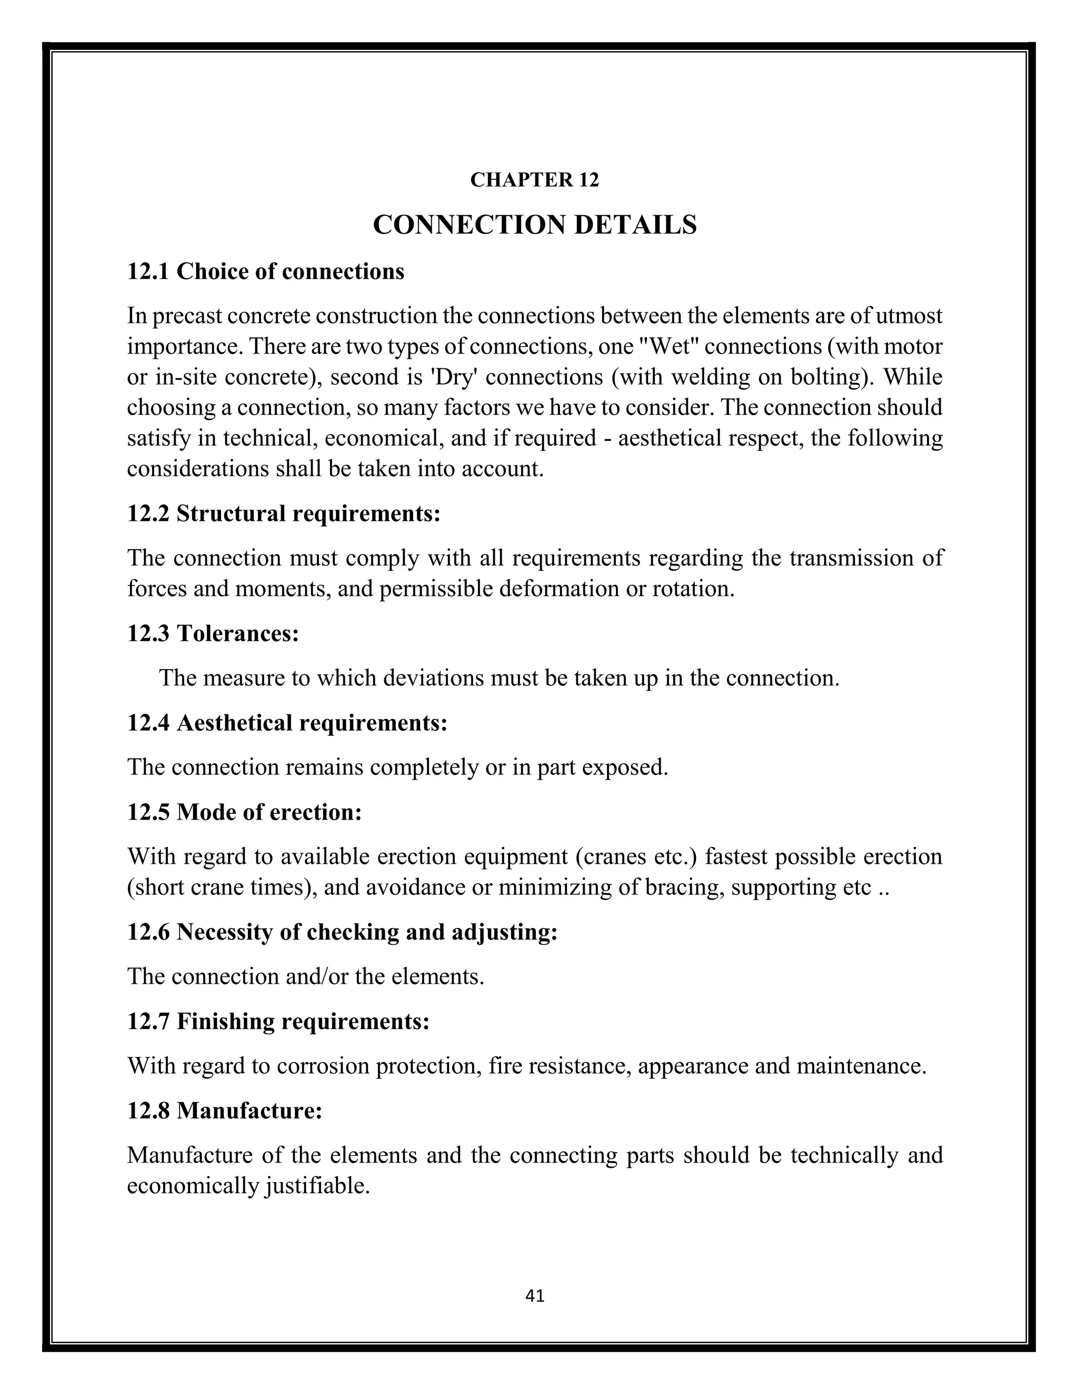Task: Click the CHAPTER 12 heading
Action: tap(535, 180)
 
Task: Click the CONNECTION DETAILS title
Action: tap(535, 225)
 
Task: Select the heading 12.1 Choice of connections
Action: tap(266, 271)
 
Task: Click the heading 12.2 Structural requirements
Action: tap(284, 513)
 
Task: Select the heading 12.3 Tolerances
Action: tap(213, 633)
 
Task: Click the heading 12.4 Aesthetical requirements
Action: tap(287, 723)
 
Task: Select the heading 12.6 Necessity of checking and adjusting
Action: tap(342, 932)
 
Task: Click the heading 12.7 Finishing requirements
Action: tap(278, 1021)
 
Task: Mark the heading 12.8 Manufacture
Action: tap(225, 1110)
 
